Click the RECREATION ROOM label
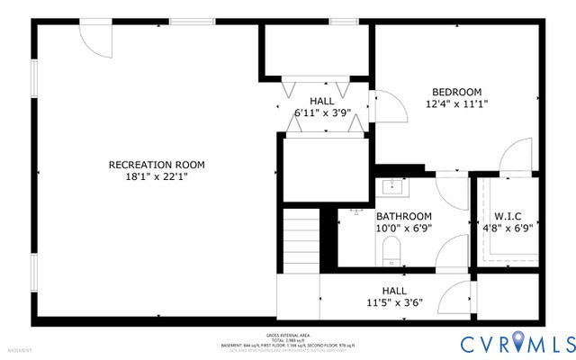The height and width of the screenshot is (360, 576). tap(157, 165)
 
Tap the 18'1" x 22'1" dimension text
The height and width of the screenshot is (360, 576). tap(157, 177)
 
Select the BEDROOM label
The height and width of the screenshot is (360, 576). tap(456, 92)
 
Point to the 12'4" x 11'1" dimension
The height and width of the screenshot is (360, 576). tap(456, 104)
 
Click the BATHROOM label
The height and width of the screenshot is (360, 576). tap(403, 217)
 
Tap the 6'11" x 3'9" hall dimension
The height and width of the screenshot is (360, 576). tap(321, 113)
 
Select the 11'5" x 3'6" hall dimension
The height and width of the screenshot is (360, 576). tap(393, 302)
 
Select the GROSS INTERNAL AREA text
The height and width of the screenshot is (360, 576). tap(288, 333)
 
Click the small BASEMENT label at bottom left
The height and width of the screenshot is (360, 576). tap(20, 350)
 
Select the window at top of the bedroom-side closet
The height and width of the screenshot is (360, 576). tap(341, 21)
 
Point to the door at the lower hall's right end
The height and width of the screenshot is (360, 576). tap(461, 296)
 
